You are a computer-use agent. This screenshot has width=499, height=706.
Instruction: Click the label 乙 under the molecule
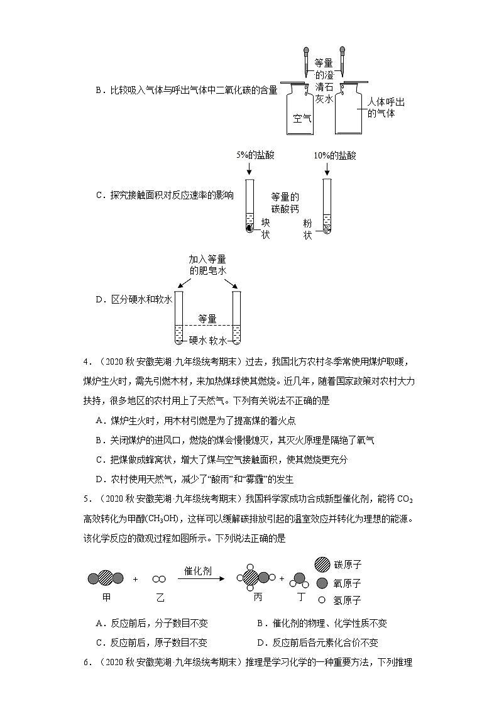pyautogui.click(x=160, y=595)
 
